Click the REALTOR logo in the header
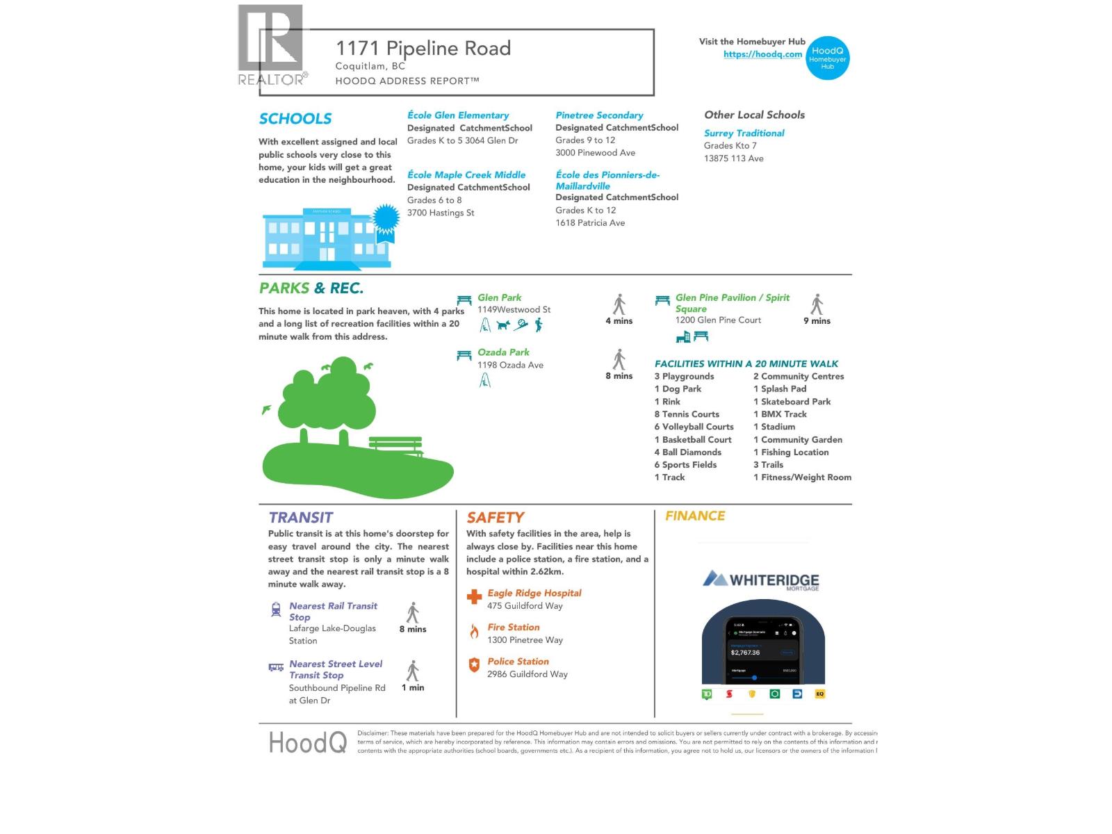271,45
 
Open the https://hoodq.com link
762,54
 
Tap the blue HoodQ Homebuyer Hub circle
827,58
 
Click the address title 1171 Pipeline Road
423,48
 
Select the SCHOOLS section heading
295,119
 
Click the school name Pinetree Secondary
599,115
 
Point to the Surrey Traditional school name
744,133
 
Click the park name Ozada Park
503,352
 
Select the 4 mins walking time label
619,321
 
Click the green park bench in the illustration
395,445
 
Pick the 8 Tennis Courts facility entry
687,414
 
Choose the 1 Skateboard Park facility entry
792,402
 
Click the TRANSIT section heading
301,518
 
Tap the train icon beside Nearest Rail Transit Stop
276,610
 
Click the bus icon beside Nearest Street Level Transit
276,668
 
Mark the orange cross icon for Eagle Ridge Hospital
474,596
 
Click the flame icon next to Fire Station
474,631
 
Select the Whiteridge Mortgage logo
761,580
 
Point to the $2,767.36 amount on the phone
746,653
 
